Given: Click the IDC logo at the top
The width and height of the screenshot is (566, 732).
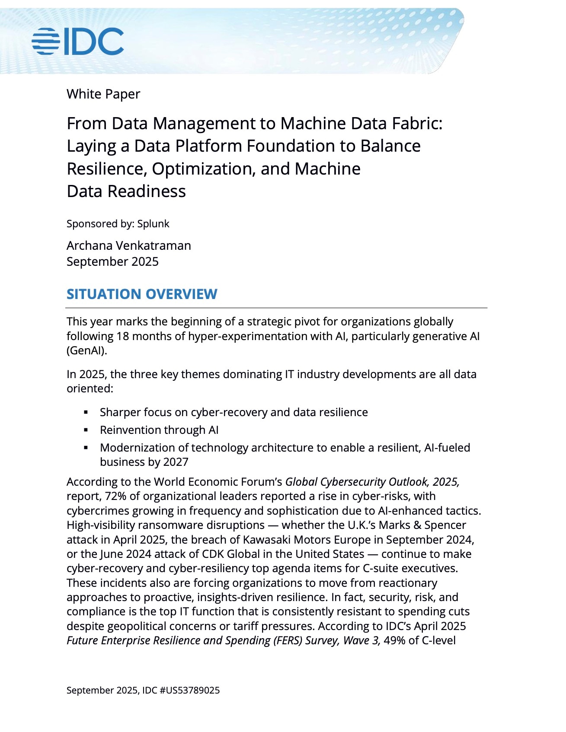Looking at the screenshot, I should [78, 41].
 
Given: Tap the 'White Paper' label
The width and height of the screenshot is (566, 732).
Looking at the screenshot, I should [103, 94].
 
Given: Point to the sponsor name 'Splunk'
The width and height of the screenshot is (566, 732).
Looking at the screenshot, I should [153, 224].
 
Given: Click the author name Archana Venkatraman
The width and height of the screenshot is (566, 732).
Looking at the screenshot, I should [128, 245].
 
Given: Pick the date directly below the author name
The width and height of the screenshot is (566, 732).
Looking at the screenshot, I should [112, 261].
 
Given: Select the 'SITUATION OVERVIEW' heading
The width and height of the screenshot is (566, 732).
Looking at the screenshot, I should [142, 294].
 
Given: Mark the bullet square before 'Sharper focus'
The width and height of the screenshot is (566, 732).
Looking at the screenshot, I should [86, 412].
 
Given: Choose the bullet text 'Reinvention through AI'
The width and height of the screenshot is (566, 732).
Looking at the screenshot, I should [159, 430].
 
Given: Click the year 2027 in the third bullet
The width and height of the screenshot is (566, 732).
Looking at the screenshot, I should [176, 462].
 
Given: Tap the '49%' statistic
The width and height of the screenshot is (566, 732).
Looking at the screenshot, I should [394, 640].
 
